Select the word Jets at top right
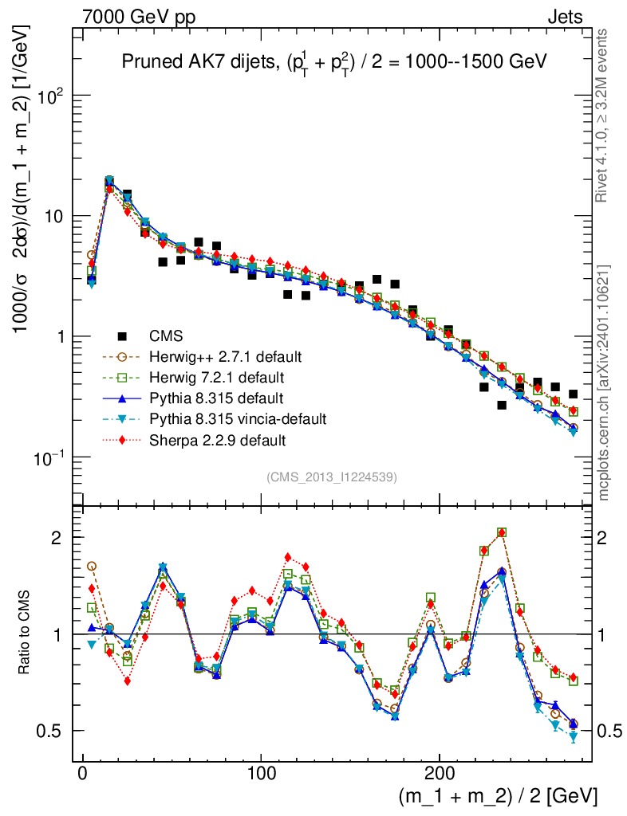pos(564,18)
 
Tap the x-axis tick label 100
pos(261,774)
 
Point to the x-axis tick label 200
pos(440,774)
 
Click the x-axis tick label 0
pos(82,774)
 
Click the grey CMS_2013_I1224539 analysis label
pos(332,477)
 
